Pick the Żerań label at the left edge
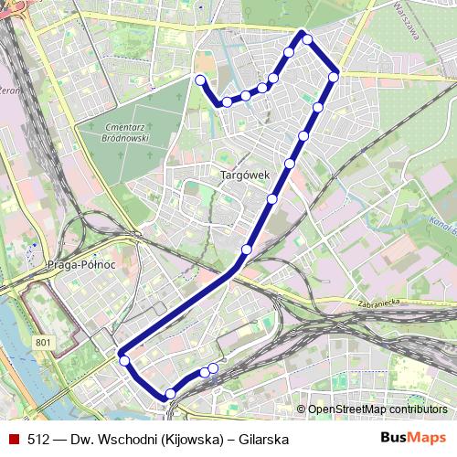(x=9, y=90)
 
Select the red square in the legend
(x=14, y=440)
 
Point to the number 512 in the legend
(x=38, y=440)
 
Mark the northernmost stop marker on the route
(x=307, y=38)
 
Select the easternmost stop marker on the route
(x=334, y=77)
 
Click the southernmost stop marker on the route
(x=169, y=394)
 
